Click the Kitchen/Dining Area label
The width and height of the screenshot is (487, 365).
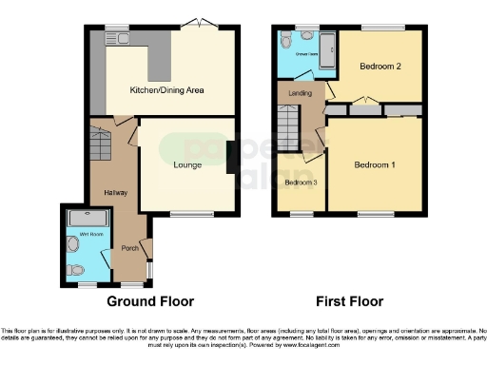167,90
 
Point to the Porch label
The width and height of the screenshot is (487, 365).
129,249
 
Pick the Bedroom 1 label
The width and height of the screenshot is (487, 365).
374,164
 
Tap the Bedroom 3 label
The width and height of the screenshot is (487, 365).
300,182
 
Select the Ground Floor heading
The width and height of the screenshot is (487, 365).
150,301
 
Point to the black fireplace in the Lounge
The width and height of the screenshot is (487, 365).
231,158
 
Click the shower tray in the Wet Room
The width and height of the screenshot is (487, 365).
88,218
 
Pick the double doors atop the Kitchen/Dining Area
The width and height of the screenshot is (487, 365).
199,24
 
